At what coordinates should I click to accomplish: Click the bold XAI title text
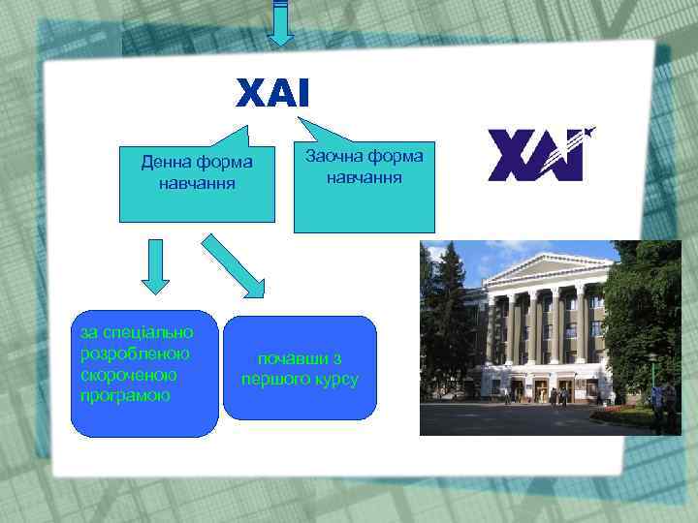[272, 94]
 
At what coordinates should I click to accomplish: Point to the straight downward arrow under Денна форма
[155, 266]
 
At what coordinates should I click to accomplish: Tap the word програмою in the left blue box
[120, 395]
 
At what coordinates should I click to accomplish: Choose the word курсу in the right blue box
[335, 379]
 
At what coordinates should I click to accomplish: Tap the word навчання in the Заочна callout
[365, 178]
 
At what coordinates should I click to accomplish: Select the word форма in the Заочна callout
[397, 156]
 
